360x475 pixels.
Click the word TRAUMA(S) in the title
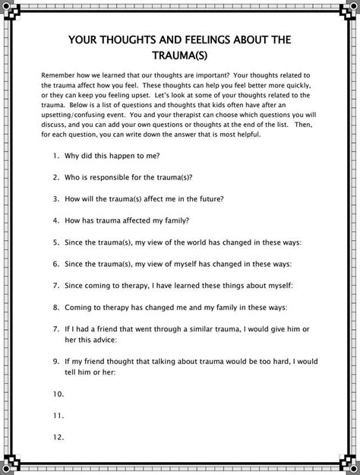pyautogui.click(x=179, y=55)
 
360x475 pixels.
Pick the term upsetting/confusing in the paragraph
pyautogui.click(x=80, y=125)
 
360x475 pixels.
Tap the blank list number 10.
pyautogui.click(x=58, y=394)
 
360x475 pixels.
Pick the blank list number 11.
pyautogui.click(x=58, y=416)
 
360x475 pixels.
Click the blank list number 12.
pyautogui.click(x=58, y=438)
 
